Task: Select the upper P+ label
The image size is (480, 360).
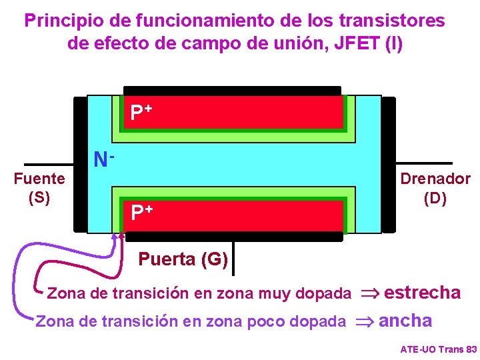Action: pos(141,112)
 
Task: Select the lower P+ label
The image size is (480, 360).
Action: pos(141,213)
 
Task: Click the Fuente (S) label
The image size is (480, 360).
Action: pos(39,188)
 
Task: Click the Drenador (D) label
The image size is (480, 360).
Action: pos(435,188)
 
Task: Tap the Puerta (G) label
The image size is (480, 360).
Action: pos(183,259)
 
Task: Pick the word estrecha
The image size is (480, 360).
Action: pos(423,292)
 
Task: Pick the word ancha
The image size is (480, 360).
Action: pos(405,321)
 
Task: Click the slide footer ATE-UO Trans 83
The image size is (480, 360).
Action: pos(438,349)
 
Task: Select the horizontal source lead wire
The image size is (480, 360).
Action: pos(48,164)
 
